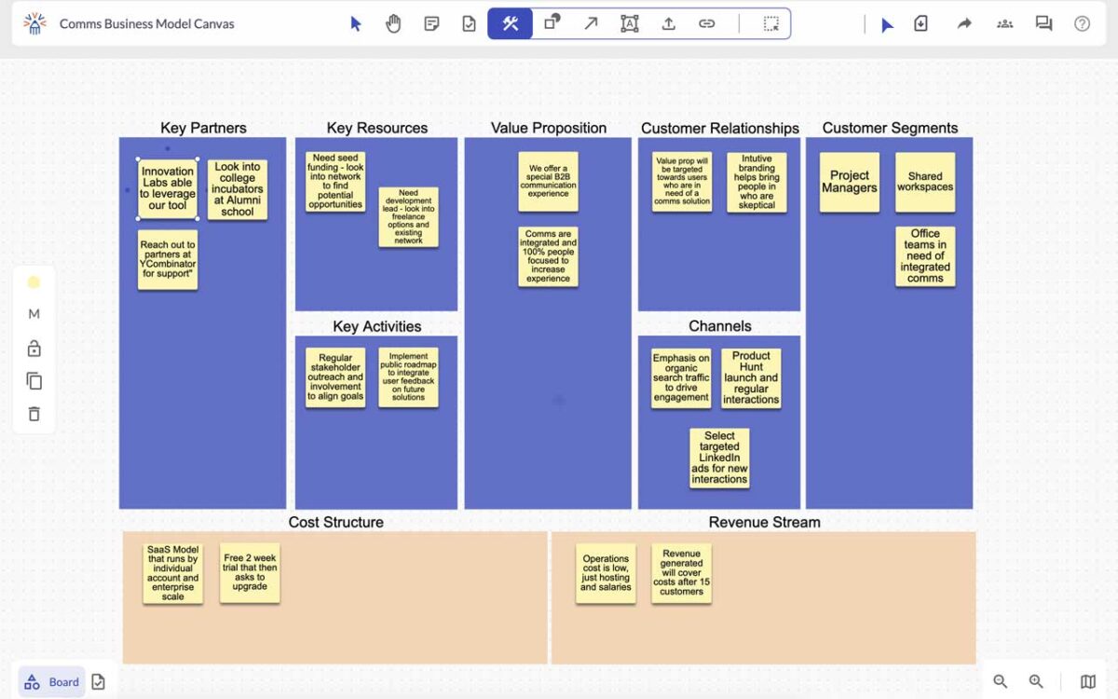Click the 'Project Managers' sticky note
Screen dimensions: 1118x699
(x=849, y=183)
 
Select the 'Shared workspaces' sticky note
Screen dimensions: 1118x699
(x=925, y=183)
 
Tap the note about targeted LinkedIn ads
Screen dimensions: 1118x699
(x=719, y=458)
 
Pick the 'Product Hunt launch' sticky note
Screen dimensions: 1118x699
(x=751, y=378)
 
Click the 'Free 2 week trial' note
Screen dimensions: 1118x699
(x=250, y=572)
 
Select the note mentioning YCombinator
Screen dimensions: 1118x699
(x=168, y=260)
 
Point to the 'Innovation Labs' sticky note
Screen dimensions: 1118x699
(x=168, y=188)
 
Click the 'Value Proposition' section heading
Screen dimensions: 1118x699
(x=549, y=128)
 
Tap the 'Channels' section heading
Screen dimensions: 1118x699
(x=719, y=326)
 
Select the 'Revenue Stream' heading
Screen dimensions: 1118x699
(x=764, y=522)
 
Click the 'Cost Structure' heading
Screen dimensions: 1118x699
(x=336, y=522)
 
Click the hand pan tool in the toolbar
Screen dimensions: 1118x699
(x=393, y=23)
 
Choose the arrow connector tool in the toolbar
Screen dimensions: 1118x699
(x=591, y=23)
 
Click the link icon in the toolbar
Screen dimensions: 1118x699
(x=706, y=23)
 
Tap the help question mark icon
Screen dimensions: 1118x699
(x=1082, y=23)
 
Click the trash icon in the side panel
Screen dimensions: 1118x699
(x=34, y=414)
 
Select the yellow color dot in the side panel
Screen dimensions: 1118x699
(x=34, y=282)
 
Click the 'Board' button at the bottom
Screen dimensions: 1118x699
(x=52, y=682)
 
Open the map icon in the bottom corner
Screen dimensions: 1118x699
(x=1088, y=681)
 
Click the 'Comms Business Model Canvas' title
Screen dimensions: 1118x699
(x=147, y=24)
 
